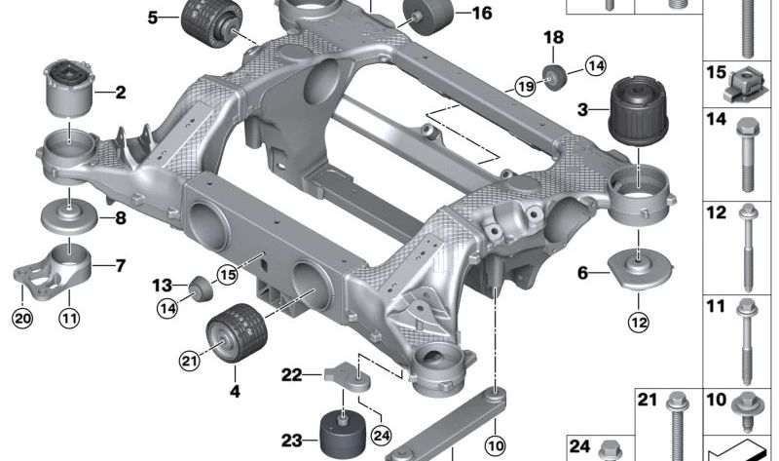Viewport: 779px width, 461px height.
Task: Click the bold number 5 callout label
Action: (153, 18)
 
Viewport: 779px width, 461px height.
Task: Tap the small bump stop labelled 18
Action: (554, 75)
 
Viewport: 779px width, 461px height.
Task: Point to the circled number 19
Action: (526, 88)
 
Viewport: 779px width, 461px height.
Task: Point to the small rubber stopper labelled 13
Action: (199, 288)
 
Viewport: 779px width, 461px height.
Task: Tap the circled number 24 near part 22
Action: (381, 434)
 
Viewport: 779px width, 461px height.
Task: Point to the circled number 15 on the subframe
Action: (227, 275)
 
